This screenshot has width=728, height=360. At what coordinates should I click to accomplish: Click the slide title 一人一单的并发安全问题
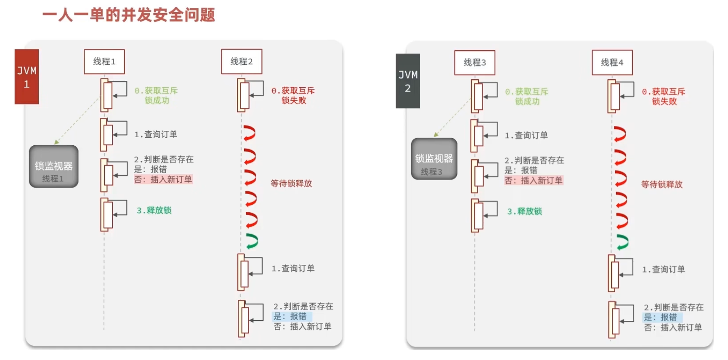point(129,15)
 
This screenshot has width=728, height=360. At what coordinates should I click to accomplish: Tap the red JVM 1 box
point(27,77)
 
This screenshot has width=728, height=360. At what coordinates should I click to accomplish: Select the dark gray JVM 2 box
point(408,81)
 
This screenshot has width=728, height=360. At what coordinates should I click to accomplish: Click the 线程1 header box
point(104,61)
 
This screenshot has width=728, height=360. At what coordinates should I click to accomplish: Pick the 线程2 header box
point(242,61)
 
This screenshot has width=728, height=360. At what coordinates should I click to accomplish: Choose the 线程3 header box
point(475,63)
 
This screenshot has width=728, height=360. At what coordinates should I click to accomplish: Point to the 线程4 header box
point(612,63)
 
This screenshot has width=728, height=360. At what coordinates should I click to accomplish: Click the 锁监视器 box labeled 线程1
point(53,166)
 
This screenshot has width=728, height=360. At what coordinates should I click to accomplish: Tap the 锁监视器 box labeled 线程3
point(434,159)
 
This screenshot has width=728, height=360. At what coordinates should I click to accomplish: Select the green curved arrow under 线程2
point(252,241)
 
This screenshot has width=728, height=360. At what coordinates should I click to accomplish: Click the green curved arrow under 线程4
point(622,242)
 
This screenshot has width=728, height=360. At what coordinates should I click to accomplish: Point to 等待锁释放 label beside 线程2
point(291,184)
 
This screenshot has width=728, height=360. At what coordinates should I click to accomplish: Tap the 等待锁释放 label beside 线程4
point(662,184)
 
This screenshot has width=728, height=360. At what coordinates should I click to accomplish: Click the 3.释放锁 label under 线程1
point(154,211)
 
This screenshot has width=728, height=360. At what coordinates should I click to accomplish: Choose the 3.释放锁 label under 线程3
point(524,211)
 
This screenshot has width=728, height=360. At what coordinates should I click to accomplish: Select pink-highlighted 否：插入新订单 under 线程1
point(163,179)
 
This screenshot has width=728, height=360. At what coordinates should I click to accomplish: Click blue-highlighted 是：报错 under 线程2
point(291,316)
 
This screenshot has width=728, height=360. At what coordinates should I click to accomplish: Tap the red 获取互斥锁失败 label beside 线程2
point(293,96)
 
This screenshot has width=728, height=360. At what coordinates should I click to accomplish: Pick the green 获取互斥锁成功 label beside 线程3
point(527,96)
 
